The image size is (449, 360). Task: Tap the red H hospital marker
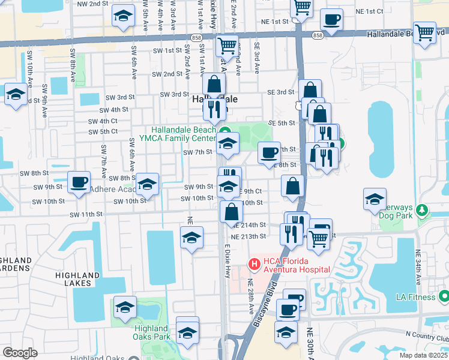(254, 263)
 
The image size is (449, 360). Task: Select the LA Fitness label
(414, 296)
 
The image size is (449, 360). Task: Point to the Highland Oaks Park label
(151, 332)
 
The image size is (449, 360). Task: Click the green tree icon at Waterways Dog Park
(422, 210)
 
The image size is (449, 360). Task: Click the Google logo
(20, 353)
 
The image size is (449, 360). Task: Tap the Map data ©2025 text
(424, 355)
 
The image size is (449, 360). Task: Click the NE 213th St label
(248, 236)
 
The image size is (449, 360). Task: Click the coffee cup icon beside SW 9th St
(79, 182)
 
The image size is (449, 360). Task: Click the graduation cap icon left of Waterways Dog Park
(375, 199)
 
